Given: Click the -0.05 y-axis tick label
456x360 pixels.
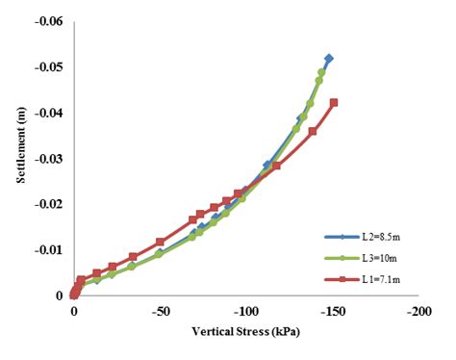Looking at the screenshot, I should pyautogui.click(x=48, y=68).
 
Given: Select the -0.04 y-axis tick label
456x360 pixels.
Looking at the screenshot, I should pyautogui.click(x=48, y=114).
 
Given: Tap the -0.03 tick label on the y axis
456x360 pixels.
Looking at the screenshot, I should pyautogui.click(x=48, y=159).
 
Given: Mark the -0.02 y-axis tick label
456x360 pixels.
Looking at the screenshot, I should pyautogui.click(x=48, y=205).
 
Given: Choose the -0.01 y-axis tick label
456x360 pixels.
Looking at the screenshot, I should pyautogui.click(x=48, y=250).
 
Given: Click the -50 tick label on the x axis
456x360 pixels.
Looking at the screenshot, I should pyautogui.click(x=160, y=313).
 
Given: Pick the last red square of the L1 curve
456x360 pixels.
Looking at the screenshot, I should pyautogui.click(x=334, y=102).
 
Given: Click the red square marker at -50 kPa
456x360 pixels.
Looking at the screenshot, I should pyautogui.click(x=160, y=242).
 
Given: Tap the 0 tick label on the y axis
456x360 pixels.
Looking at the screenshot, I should pyautogui.click(x=60, y=296).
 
